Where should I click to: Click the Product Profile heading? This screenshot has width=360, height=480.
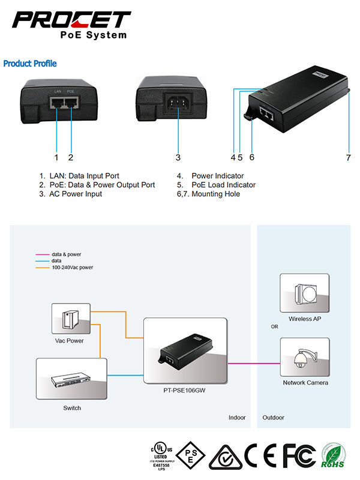tap(30, 63)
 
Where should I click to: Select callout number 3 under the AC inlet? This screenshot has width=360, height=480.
tap(178, 158)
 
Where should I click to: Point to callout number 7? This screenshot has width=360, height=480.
tap(348, 158)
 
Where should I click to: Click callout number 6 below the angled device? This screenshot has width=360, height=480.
tap(251, 158)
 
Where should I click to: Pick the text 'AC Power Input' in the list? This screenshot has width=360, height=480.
tap(76, 194)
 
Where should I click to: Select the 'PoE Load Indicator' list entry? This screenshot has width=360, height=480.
tap(223, 185)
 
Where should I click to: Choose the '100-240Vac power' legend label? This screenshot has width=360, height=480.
tap(72, 267)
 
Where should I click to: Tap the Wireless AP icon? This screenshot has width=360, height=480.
tap(304, 292)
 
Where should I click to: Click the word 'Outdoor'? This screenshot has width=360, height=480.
tap(274, 418)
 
